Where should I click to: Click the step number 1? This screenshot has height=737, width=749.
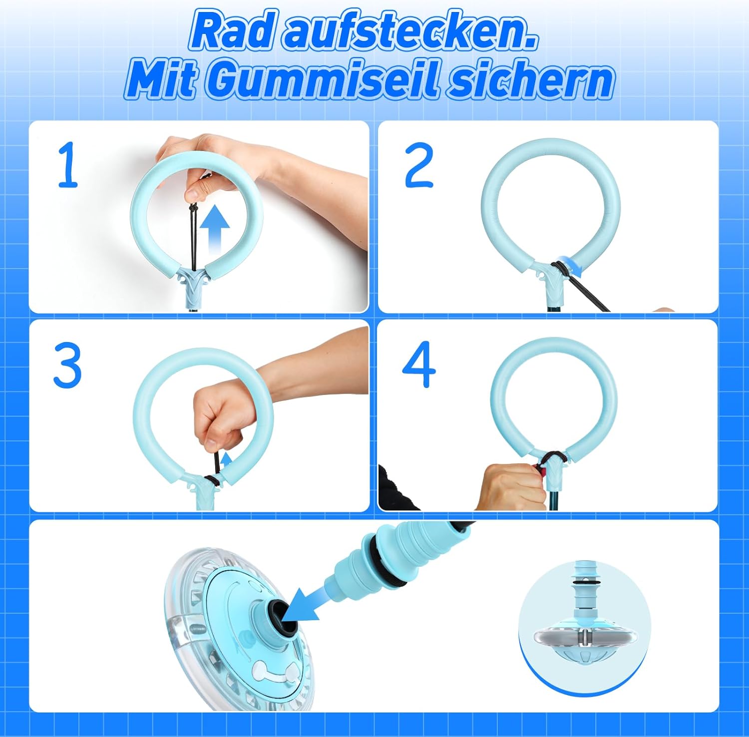click(68, 165)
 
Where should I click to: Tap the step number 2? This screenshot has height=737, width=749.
click(418, 165)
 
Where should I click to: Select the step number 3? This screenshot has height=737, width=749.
click(67, 366)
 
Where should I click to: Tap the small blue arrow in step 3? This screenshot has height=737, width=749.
click(227, 458)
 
